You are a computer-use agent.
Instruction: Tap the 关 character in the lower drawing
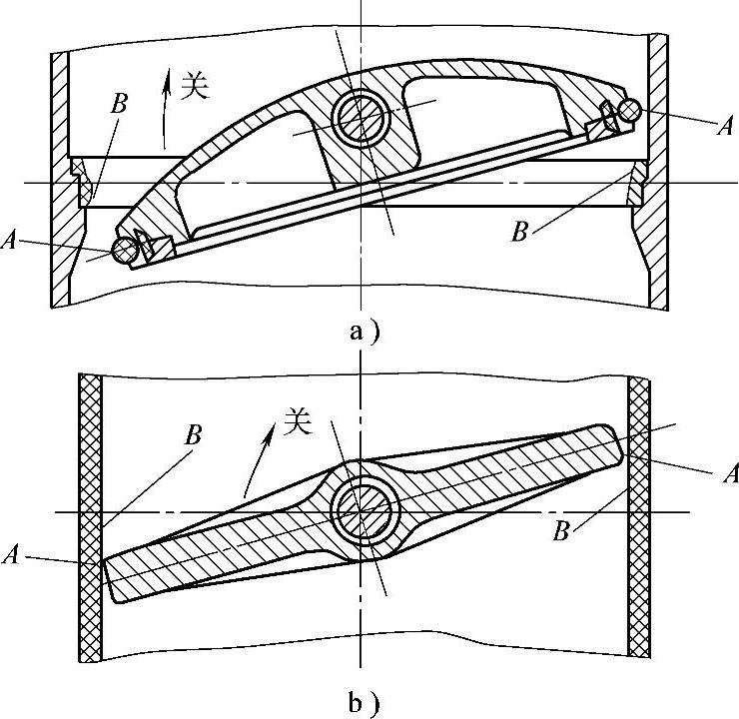click(x=297, y=423)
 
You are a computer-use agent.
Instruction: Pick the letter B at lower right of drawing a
click(x=518, y=232)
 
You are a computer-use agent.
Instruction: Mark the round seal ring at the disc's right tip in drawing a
click(x=628, y=112)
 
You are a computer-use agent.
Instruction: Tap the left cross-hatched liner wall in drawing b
click(x=89, y=519)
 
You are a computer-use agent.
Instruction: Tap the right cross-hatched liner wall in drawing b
click(x=640, y=519)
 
